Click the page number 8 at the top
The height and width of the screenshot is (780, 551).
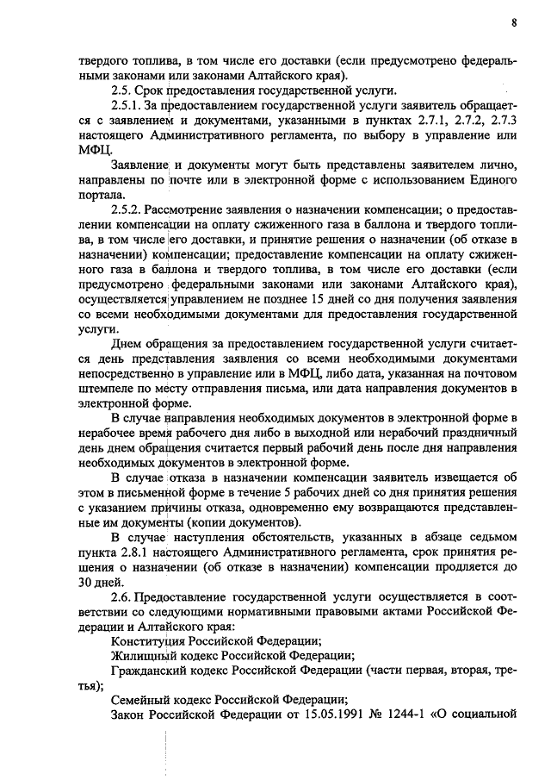(514, 23)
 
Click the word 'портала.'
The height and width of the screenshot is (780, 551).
(102, 195)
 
